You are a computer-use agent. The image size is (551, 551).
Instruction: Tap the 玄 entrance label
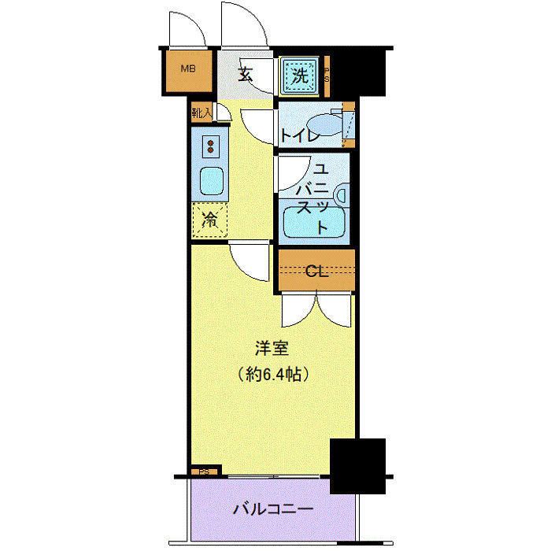tap(245, 76)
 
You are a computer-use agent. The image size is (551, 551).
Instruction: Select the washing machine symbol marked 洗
tap(299, 76)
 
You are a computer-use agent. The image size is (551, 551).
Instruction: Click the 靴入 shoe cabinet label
tap(202, 113)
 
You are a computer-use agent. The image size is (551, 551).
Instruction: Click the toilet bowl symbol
tap(324, 126)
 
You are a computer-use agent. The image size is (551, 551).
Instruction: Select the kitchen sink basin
tap(211, 183)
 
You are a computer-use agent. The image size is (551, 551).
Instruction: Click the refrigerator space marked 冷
tap(210, 220)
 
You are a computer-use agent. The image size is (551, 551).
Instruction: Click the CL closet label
tap(316, 272)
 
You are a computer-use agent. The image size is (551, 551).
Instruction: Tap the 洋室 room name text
tap(272, 347)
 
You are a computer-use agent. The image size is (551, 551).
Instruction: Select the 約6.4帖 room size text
tap(272, 372)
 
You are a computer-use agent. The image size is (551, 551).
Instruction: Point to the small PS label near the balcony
tap(204, 472)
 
